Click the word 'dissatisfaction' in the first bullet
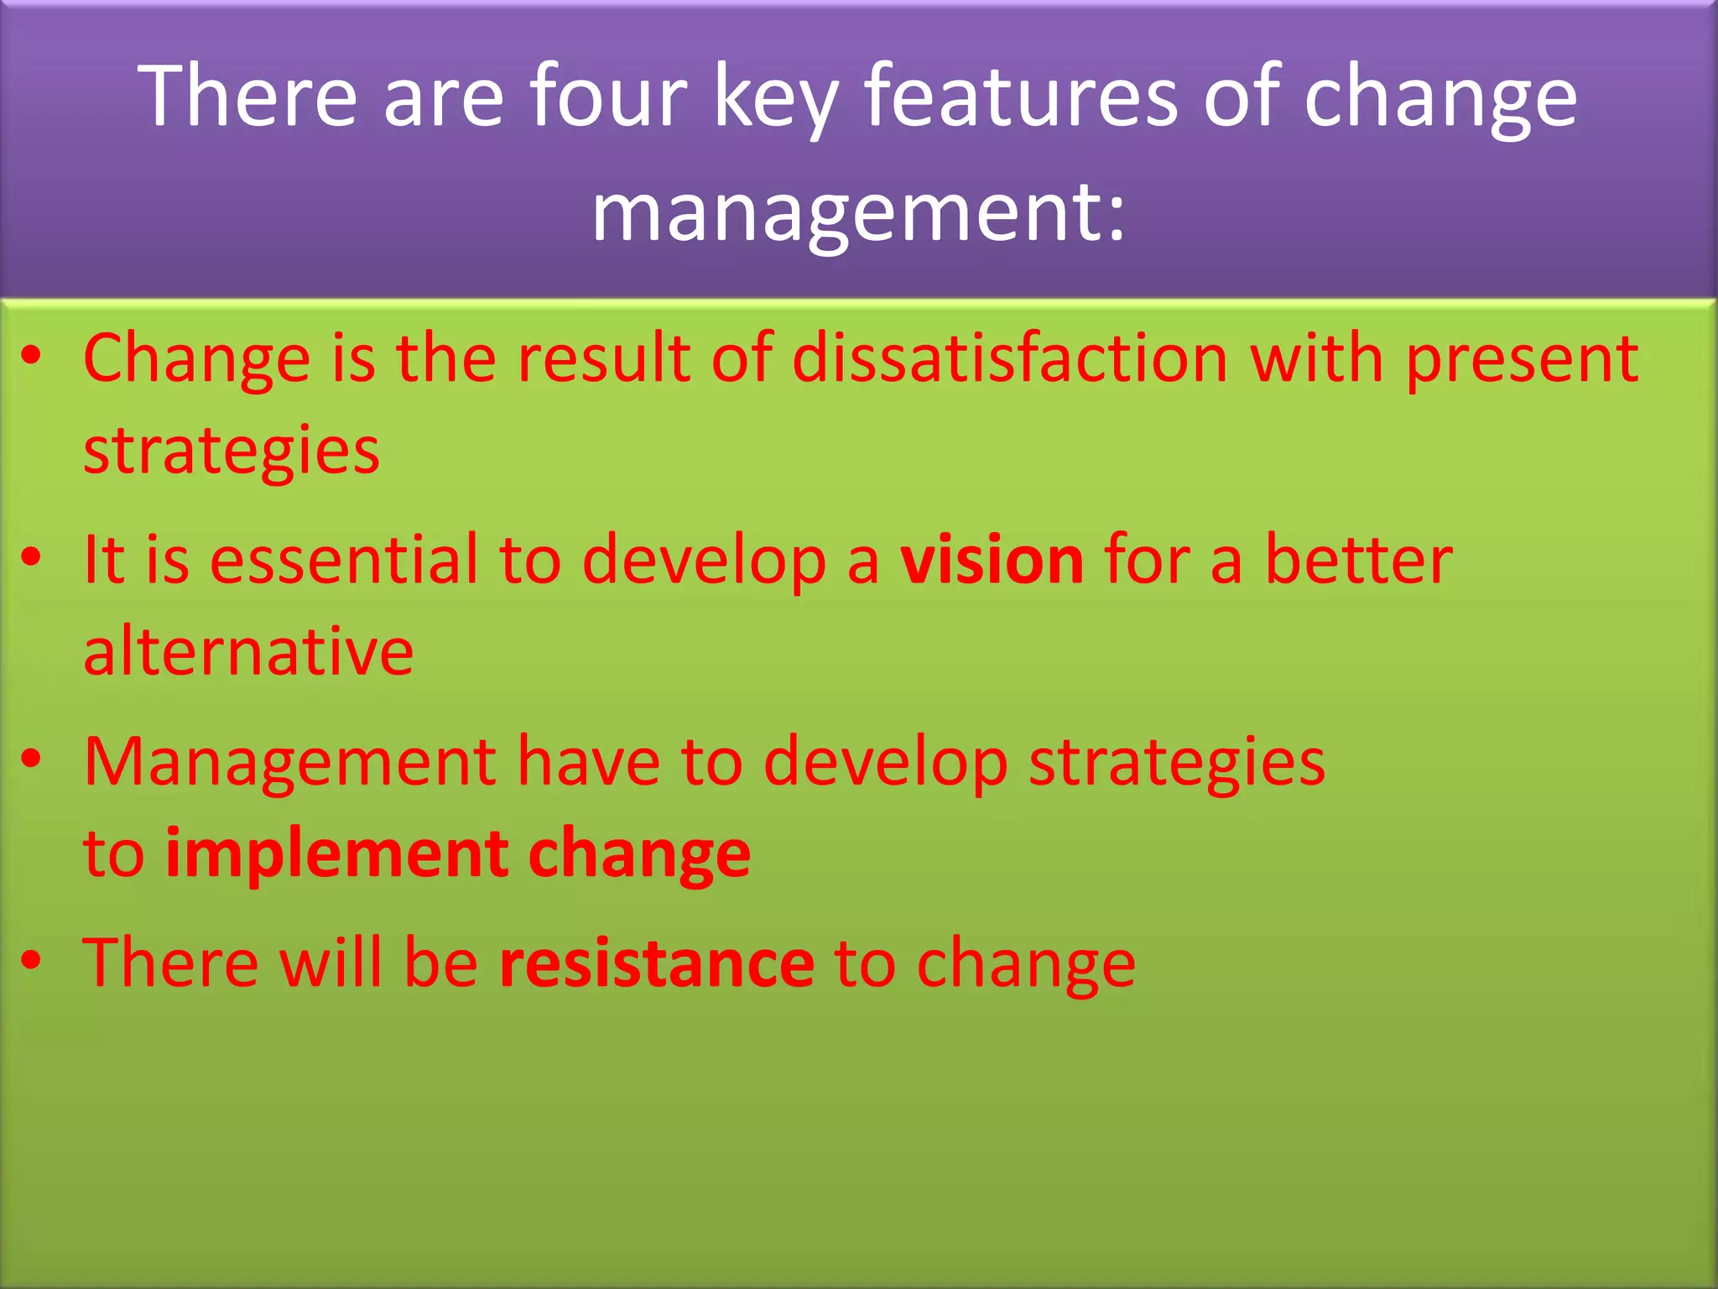[1009, 358]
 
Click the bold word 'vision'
[992, 560]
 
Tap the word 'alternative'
[248, 651]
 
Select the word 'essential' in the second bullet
[343, 560]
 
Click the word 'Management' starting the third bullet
[289, 764]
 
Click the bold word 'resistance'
[656, 963]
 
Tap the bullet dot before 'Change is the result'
[32, 357]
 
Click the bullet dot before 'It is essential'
[32, 557]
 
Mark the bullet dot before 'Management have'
[32, 759]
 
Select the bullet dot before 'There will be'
[32, 960]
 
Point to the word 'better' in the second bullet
[1358, 560]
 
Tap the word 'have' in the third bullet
[588, 762]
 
